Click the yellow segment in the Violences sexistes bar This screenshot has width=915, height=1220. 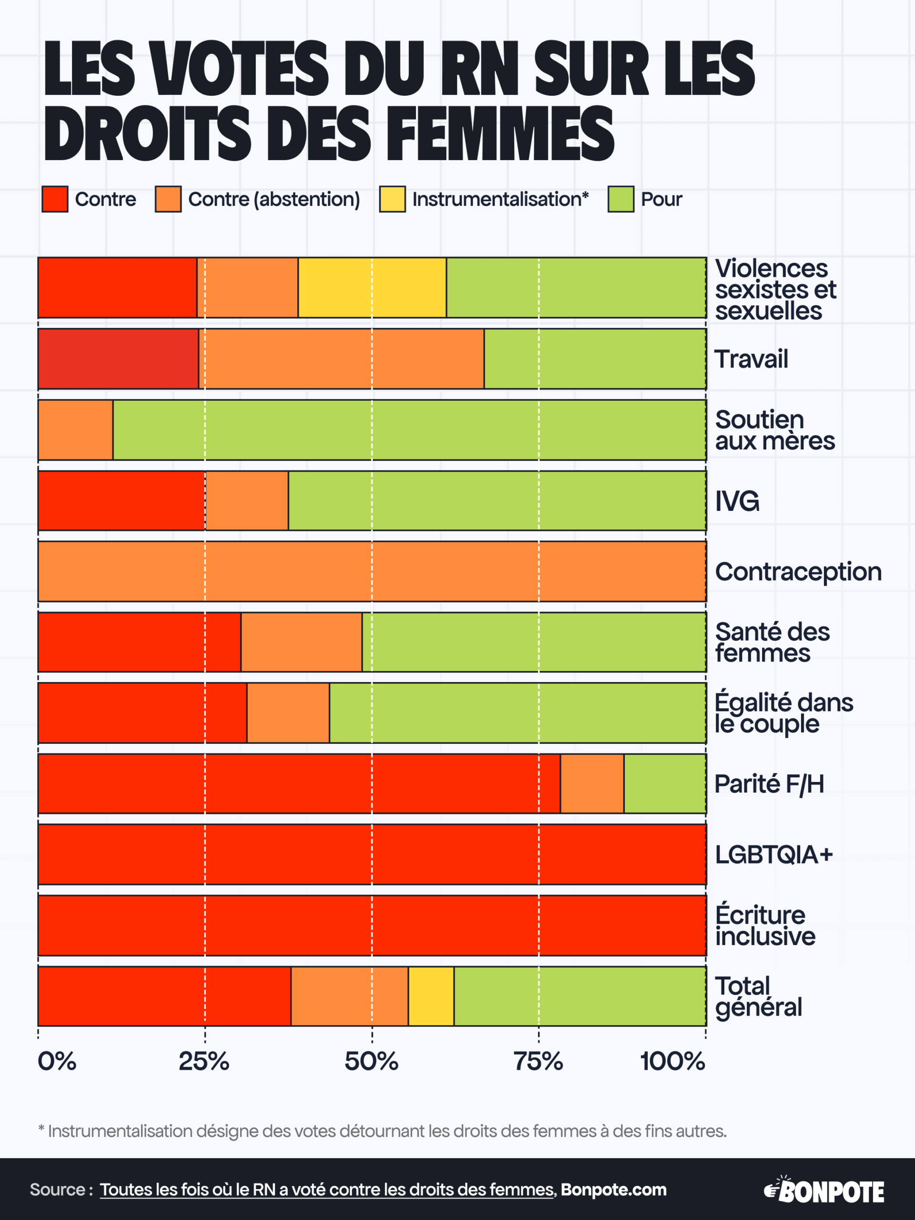(x=372, y=287)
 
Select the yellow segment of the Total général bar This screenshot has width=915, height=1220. (x=431, y=996)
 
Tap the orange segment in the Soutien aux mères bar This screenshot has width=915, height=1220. (x=76, y=430)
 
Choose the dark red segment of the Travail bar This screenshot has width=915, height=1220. (x=118, y=358)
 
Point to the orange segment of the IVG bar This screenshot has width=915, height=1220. (x=246, y=500)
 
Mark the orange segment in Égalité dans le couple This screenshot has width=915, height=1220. (x=288, y=712)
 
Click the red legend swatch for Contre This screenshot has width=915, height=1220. (x=55, y=199)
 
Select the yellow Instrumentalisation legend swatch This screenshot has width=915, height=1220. (x=392, y=199)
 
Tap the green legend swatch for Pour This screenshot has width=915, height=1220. (x=620, y=199)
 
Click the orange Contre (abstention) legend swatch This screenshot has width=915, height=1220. (x=168, y=199)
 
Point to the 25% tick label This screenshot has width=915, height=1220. (x=204, y=1061)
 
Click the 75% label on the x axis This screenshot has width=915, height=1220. (x=539, y=1061)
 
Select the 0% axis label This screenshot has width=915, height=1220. (x=57, y=1061)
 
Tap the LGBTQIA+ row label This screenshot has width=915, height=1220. (x=773, y=854)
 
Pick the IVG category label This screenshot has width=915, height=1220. (x=737, y=501)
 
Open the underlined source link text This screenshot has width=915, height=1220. (x=327, y=1189)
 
